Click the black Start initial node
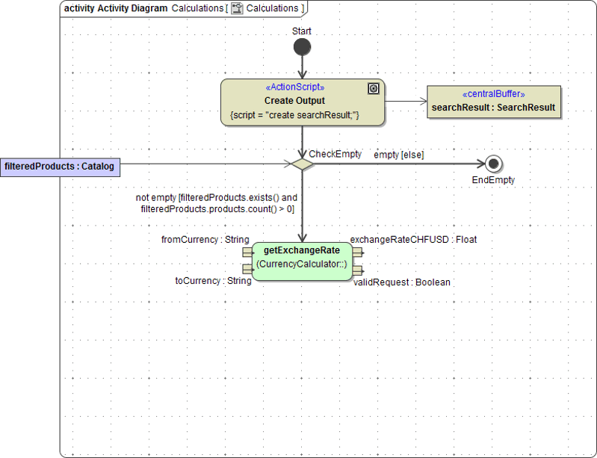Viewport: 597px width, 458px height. (302, 47)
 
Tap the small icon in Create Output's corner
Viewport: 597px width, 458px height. (374, 88)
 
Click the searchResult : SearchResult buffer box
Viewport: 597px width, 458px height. (493, 102)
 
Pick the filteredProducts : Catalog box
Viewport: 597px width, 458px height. (60, 167)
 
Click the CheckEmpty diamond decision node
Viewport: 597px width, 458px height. (302, 164)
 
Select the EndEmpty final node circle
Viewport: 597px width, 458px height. (492, 164)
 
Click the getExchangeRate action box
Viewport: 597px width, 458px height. (302, 261)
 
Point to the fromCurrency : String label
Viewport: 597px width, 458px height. (205, 240)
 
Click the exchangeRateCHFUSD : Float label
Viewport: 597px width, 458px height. (413, 240)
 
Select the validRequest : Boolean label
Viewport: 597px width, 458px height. (401, 282)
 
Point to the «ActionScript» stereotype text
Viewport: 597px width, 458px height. (294, 87)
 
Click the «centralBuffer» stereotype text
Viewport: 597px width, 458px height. (493, 94)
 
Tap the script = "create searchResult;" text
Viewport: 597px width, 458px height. (294, 115)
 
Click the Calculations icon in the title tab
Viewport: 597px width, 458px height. (237, 8)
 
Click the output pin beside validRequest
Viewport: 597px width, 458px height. (357, 270)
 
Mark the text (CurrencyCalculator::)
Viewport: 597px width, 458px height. (302, 264)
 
